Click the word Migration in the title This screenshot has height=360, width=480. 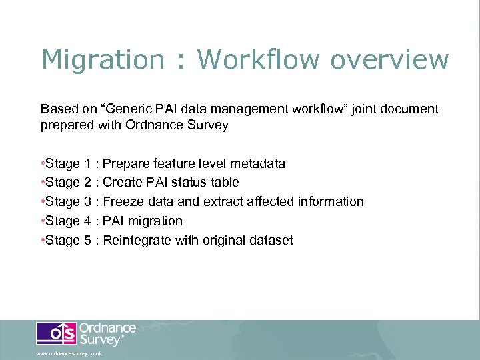102,60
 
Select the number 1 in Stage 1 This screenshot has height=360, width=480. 89,163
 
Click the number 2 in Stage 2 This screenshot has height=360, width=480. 89,183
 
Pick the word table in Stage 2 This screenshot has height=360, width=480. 223,183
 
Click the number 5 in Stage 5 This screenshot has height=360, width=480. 89,241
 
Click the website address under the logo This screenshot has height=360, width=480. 69,353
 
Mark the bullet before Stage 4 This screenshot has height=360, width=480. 43,221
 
